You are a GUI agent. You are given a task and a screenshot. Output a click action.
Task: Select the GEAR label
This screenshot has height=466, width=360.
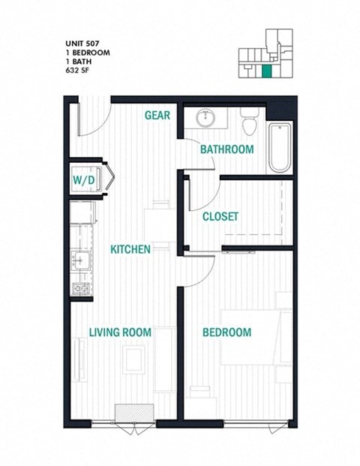pos(157,116)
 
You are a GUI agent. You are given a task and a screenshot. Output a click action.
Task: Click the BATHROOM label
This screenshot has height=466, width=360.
pos(226,149)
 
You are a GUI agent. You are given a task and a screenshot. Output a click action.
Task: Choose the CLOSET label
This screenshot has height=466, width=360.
pos(220,217)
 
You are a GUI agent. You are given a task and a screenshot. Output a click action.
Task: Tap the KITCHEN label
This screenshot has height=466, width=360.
pos(130,249)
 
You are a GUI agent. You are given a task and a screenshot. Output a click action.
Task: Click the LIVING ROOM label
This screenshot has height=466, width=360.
pos(120,332)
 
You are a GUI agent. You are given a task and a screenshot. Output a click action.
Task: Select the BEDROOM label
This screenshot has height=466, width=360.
pos(226,332)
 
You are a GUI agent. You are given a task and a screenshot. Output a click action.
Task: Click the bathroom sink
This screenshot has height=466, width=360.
pos(204,118)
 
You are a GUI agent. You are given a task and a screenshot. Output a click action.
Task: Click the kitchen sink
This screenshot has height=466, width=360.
pos(80,261)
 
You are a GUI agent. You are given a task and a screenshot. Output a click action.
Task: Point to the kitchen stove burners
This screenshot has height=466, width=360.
pos(80,288)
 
